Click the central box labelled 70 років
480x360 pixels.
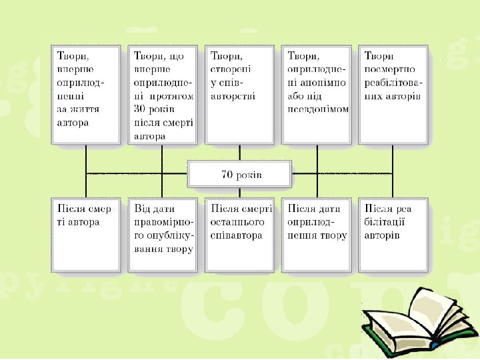point(240,175)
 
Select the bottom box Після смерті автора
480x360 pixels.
point(85,233)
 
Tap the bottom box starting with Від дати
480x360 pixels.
point(163,233)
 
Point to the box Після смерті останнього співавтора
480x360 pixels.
point(240,233)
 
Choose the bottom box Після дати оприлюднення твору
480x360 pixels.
point(317,233)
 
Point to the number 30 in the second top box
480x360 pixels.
point(139,109)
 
